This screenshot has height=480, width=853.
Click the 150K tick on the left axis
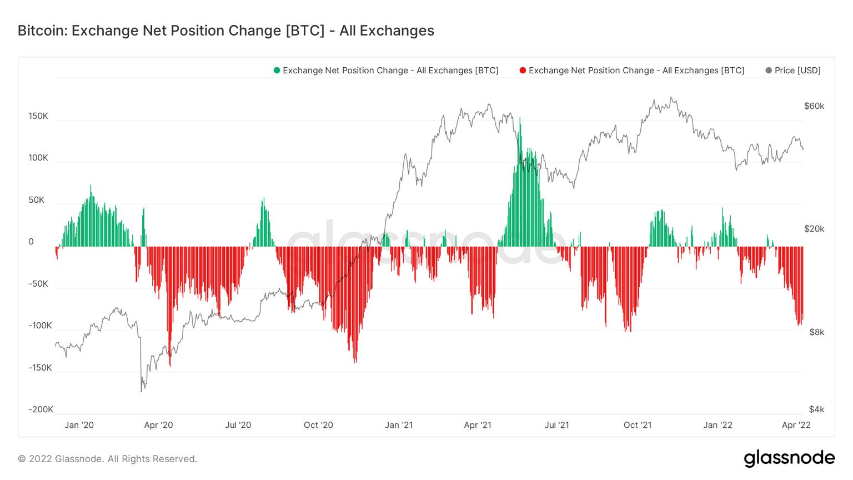[38, 116]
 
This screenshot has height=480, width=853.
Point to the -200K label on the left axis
[41, 409]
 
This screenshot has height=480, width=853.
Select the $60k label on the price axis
[814, 106]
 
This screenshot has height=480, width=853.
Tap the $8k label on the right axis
[816, 332]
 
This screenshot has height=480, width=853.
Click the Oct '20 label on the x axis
[318, 425]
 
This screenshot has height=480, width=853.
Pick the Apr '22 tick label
[796, 425]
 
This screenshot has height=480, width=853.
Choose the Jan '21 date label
[399, 425]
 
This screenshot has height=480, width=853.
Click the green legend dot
[277, 71]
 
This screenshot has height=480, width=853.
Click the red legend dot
[523, 71]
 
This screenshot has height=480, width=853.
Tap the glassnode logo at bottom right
[789, 458]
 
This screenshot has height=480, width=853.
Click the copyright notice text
[108, 459]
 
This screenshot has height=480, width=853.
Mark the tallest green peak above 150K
[520, 119]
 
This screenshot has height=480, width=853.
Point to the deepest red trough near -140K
[355, 362]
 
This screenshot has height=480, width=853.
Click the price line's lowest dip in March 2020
[141, 391]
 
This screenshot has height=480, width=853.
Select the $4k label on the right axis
[816, 409]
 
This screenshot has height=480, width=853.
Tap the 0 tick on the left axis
[31, 242]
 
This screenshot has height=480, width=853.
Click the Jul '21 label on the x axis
[557, 425]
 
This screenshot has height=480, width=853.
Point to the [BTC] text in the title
[305, 31]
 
